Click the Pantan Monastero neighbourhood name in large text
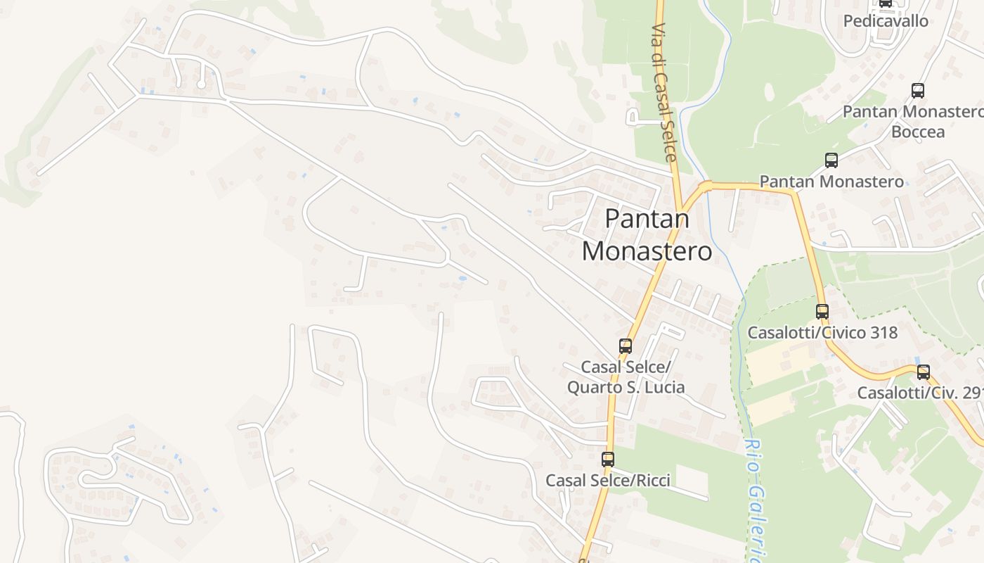[647, 234]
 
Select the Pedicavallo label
[886, 21]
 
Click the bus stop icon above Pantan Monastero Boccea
[917, 90]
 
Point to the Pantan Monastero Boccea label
[913, 121]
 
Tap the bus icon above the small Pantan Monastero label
[831, 160]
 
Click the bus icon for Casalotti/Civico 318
[822, 311]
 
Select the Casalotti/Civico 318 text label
[822, 332]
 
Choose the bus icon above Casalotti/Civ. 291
[924, 372]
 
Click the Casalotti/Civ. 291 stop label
[920, 393]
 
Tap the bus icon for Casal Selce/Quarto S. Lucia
[626, 346]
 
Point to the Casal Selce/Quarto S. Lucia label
[626, 377]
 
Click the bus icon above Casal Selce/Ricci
[608, 460]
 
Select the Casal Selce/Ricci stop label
[608, 481]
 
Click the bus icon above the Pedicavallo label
[886, 3]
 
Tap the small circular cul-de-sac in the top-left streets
[201, 84]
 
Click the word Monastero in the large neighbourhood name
[647, 251]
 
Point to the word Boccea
[918, 132]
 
